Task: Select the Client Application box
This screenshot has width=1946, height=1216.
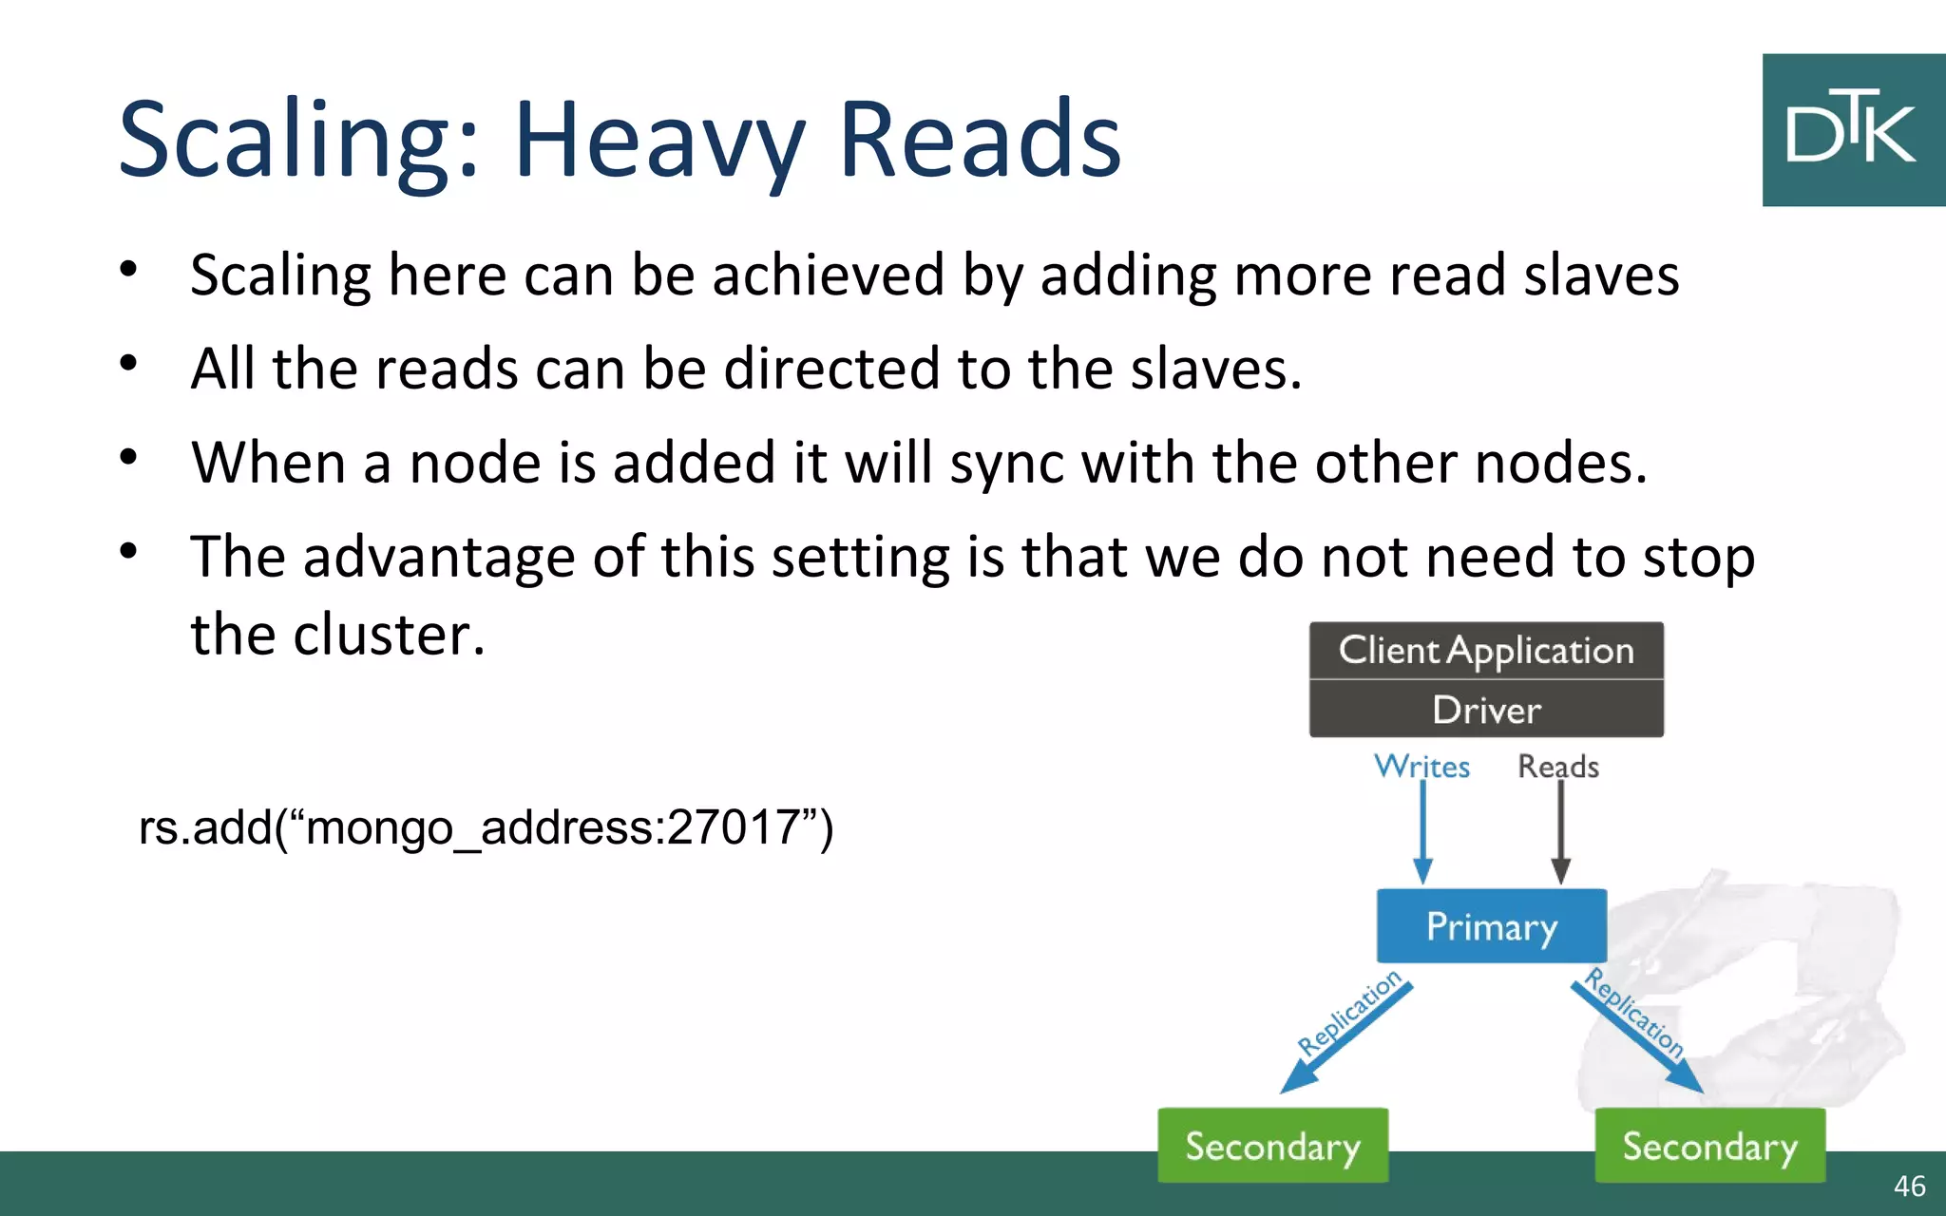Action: (x=1485, y=651)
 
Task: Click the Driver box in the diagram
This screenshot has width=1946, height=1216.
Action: (x=1485, y=710)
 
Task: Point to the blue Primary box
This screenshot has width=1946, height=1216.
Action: (x=1491, y=926)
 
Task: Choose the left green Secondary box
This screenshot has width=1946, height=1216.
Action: (x=1272, y=1146)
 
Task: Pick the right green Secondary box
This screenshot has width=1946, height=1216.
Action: (x=1709, y=1146)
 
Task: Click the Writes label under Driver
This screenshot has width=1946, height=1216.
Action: (x=1421, y=766)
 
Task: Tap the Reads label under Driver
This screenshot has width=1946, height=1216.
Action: (x=1557, y=766)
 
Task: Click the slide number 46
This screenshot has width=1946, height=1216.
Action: (x=1909, y=1186)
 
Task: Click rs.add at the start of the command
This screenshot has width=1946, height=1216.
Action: (x=205, y=826)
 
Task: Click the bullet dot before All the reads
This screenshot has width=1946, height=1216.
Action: (x=129, y=363)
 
